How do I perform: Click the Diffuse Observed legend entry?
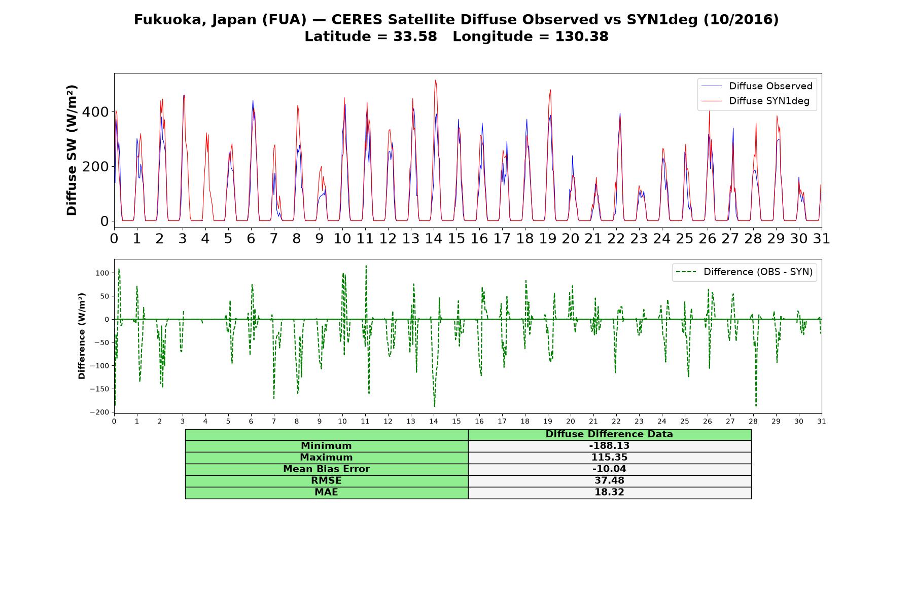click(756, 86)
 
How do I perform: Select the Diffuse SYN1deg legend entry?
click(755, 101)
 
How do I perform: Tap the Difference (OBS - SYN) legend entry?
click(744, 272)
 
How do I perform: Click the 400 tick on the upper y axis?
click(95, 112)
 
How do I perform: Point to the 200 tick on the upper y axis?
click(95, 166)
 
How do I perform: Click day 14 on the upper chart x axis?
click(434, 239)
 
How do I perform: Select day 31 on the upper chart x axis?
click(822, 239)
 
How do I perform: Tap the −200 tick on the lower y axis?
click(99, 412)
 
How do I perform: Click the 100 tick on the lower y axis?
click(103, 273)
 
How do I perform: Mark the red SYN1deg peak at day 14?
click(435, 80)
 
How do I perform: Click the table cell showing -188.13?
click(609, 446)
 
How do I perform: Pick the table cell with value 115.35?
click(609, 458)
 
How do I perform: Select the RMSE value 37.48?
click(609, 481)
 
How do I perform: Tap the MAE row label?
click(326, 492)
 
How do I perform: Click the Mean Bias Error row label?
click(326, 469)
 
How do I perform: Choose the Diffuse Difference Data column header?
click(609, 434)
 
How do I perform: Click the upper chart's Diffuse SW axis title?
click(72, 150)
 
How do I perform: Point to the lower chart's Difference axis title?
click(82, 336)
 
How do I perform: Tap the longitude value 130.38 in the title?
click(582, 36)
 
